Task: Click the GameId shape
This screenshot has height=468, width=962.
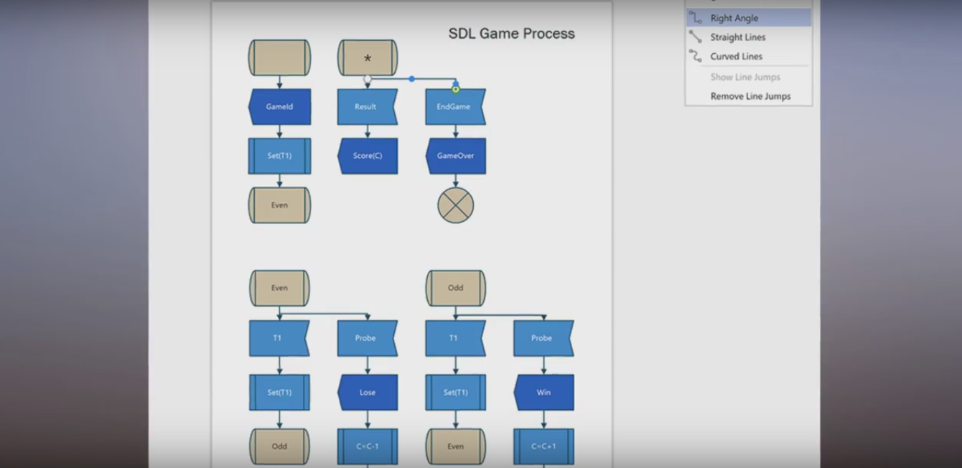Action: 279,107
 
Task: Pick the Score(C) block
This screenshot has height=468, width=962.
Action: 368,156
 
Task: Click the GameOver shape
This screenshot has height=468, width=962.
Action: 455,156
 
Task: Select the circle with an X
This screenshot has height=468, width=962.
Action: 456,205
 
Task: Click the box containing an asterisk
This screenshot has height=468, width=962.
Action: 368,58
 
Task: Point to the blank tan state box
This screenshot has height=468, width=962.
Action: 279,58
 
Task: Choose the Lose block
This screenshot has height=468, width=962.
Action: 368,393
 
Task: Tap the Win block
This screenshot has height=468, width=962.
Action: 543,393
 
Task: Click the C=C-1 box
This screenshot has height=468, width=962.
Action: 368,446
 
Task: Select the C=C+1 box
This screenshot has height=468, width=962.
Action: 543,446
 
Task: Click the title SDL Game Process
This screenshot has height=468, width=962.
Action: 511,34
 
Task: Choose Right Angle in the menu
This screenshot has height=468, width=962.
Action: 734,18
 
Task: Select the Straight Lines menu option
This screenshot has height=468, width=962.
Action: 738,37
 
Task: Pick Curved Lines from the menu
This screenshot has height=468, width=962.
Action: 737,56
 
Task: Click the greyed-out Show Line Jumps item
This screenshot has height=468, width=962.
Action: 745,77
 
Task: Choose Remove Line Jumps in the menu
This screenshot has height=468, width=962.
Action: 750,96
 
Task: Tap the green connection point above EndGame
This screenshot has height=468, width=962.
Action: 456,89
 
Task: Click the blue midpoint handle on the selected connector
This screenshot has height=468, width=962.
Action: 411,79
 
